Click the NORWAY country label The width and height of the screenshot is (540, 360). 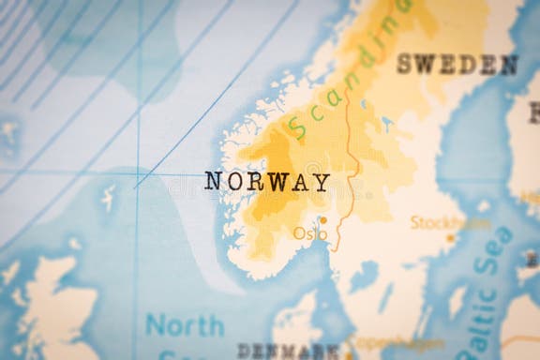pyautogui.click(x=267, y=182)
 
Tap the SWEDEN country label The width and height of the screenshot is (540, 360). pyautogui.click(x=457, y=65)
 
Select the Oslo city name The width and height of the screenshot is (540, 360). pyautogui.click(x=307, y=232)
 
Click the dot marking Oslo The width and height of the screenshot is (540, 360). pyautogui.click(x=323, y=221)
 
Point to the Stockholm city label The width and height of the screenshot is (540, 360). pyautogui.click(x=449, y=223)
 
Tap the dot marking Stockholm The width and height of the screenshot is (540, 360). pyautogui.click(x=450, y=238)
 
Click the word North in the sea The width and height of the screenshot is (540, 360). pyautogui.click(x=185, y=326)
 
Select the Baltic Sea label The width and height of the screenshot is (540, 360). pyautogui.click(x=490, y=291)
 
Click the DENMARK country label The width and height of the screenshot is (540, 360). pyautogui.click(x=289, y=352)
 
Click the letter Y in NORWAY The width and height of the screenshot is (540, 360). pyautogui.click(x=322, y=182)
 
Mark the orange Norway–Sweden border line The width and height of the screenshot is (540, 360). pyautogui.click(x=348, y=150)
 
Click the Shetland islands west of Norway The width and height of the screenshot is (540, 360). pyautogui.click(x=109, y=197)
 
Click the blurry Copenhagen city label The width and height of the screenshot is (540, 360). pyautogui.click(x=384, y=343)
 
